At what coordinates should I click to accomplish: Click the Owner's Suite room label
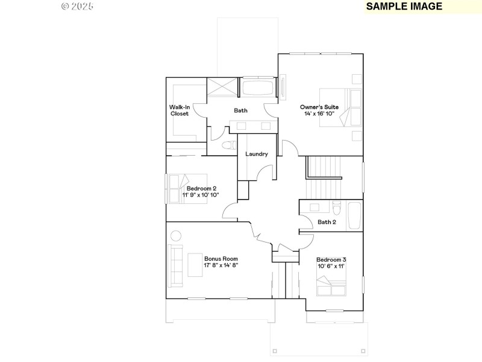(319, 107)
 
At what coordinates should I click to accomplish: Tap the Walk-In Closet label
(179, 110)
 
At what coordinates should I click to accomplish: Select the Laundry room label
(256, 154)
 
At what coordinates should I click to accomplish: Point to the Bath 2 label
(327, 222)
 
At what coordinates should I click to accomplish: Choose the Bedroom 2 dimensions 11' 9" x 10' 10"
(201, 195)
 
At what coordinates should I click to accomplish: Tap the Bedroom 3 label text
(331, 259)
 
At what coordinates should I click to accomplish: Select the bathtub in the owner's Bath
(258, 87)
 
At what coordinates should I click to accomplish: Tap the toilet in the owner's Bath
(228, 145)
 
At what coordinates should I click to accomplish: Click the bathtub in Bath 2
(354, 215)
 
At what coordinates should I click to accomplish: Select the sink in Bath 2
(315, 208)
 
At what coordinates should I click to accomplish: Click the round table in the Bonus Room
(175, 235)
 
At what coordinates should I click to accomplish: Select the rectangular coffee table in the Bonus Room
(195, 264)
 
